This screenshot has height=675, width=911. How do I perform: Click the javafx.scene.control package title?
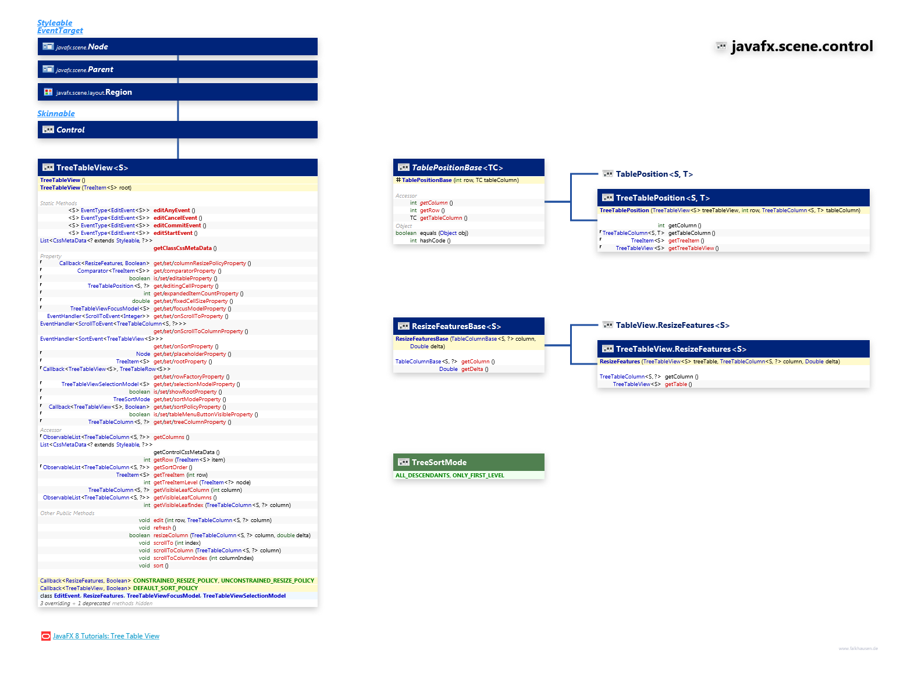[x=802, y=47]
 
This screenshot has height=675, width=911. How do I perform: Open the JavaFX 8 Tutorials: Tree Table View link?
[x=106, y=636]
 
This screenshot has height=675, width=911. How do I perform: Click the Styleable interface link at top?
[x=55, y=23]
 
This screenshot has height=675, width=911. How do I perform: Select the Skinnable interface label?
[x=56, y=113]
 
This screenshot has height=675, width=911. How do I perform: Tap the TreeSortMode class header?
[x=439, y=462]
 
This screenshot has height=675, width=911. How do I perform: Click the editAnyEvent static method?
[x=172, y=210]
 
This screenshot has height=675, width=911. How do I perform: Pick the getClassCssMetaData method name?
[x=183, y=248]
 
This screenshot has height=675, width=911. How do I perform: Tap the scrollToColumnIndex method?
[x=180, y=558]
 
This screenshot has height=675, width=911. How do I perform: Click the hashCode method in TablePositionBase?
[x=432, y=241]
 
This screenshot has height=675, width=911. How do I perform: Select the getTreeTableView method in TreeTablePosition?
[x=691, y=248]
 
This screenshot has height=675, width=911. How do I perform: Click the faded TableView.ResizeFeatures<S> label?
[x=672, y=325]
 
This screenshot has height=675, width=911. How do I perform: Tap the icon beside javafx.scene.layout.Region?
[x=48, y=92]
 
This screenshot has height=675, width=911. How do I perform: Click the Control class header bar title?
[x=70, y=130]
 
